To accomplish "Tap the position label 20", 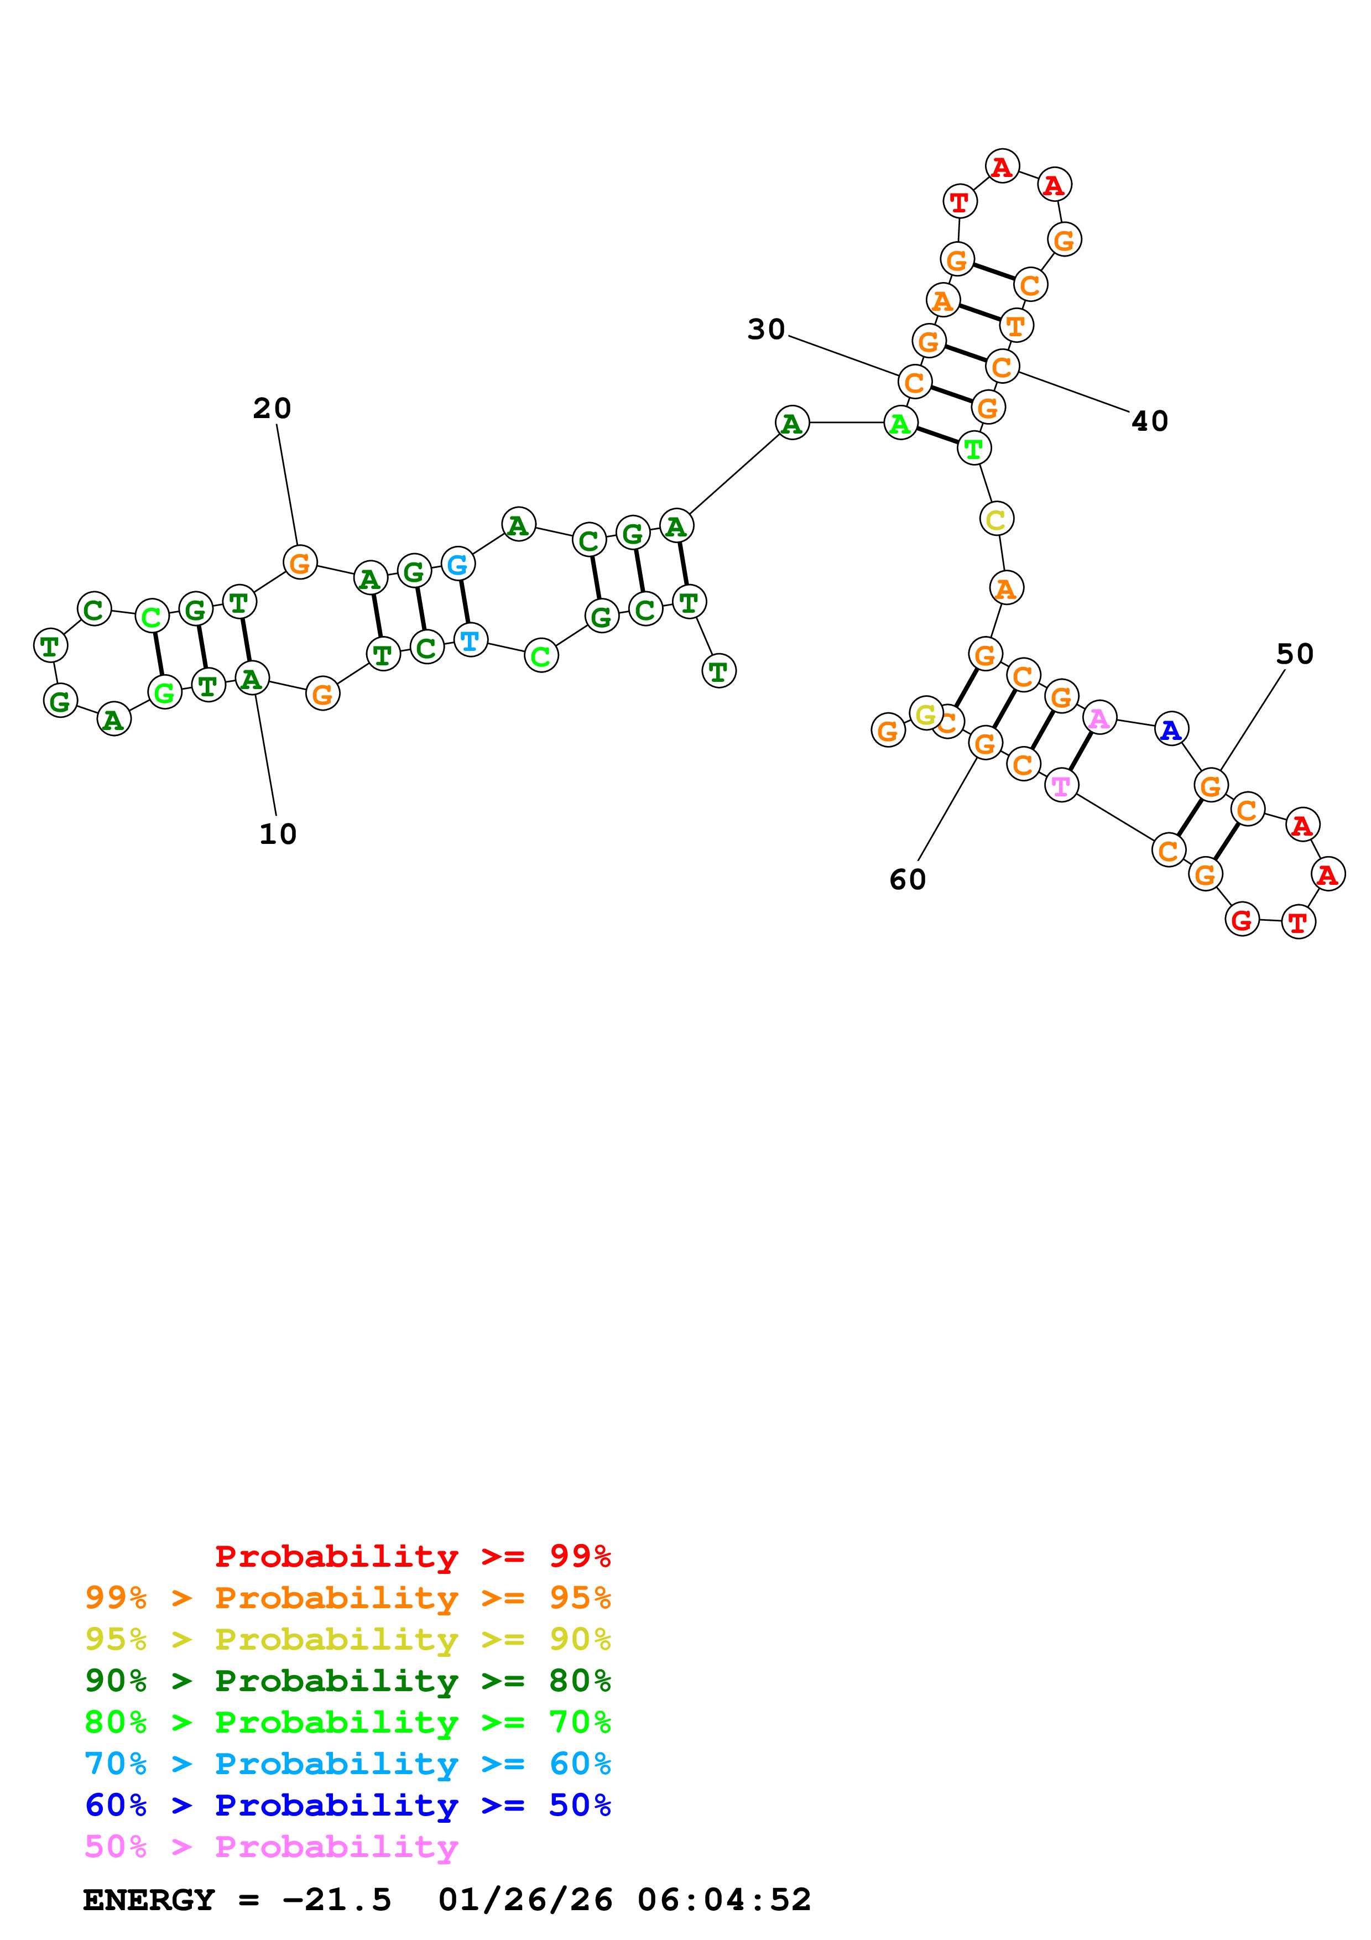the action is pos(272,408).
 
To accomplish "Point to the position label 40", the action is pos(1150,421).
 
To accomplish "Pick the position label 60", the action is pos(907,880).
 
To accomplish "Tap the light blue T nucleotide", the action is pos(471,640).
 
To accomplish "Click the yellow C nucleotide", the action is pos(996,519).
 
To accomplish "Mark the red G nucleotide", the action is pos(1241,919).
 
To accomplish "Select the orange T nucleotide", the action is pos(1016,325).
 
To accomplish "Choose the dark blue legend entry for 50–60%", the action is pos(347,1805).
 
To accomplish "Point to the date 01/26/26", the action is pos(525,1900).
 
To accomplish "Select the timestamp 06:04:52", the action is pos(724,1900).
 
